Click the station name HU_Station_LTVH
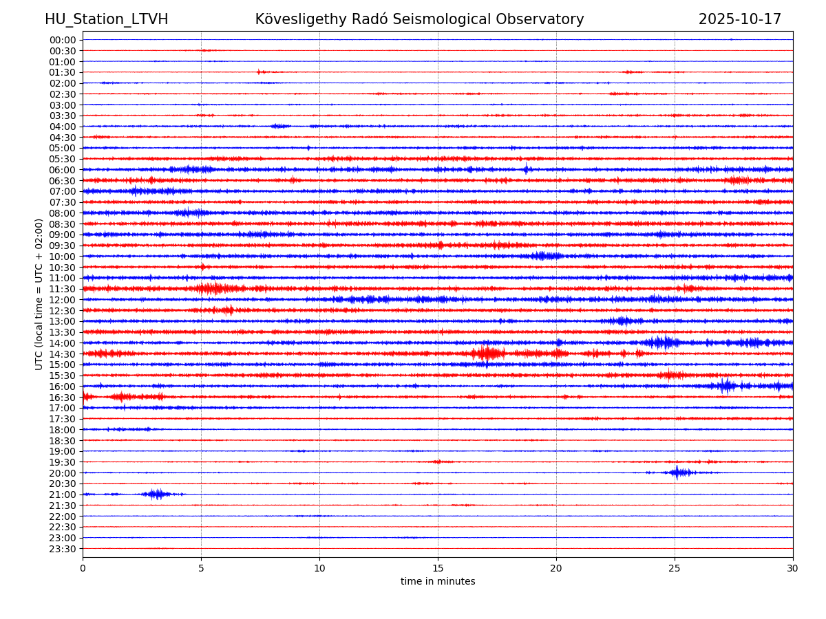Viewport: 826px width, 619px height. point(106,19)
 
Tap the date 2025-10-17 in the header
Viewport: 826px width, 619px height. point(739,19)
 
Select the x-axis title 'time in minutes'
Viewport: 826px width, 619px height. point(438,582)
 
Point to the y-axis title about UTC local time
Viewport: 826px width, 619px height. point(39,294)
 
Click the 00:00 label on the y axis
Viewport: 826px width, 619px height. point(62,40)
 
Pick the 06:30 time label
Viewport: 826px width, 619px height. point(62,181)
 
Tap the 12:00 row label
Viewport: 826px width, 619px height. point(62,300)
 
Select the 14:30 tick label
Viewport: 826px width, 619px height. point(62,354)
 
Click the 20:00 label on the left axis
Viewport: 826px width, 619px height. point(62,473)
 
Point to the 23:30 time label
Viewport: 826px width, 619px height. point(62,549)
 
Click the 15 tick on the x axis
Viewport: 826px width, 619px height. point(438,568)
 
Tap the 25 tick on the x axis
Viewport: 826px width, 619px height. point(675,568)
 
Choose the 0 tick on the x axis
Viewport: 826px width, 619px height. point(83,568)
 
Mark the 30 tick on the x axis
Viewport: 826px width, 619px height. point(793,568)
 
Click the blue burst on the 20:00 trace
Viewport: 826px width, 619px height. point(678,473)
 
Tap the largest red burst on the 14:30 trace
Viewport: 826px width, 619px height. point(487,354)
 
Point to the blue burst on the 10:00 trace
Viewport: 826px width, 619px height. point(546,256)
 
